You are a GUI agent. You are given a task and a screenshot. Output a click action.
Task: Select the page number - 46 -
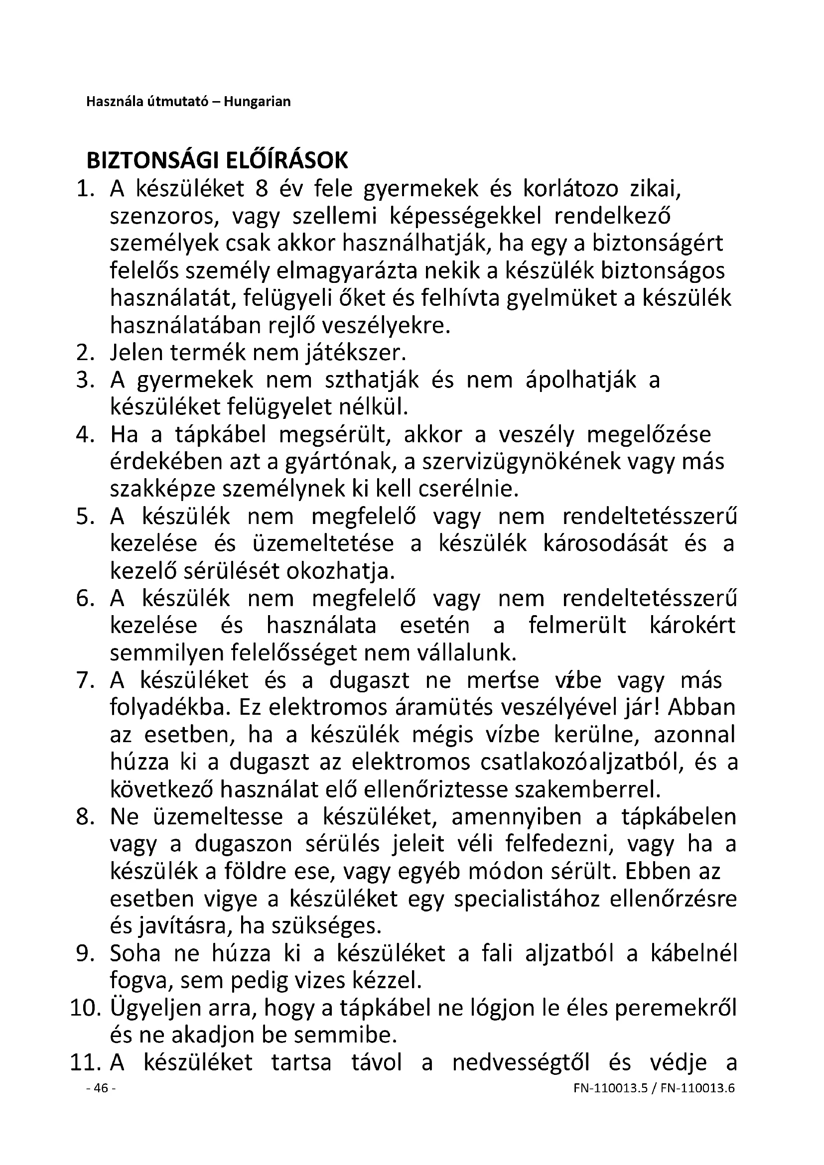point(102,1103)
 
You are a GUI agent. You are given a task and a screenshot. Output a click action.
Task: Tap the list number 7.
point(85,680)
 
